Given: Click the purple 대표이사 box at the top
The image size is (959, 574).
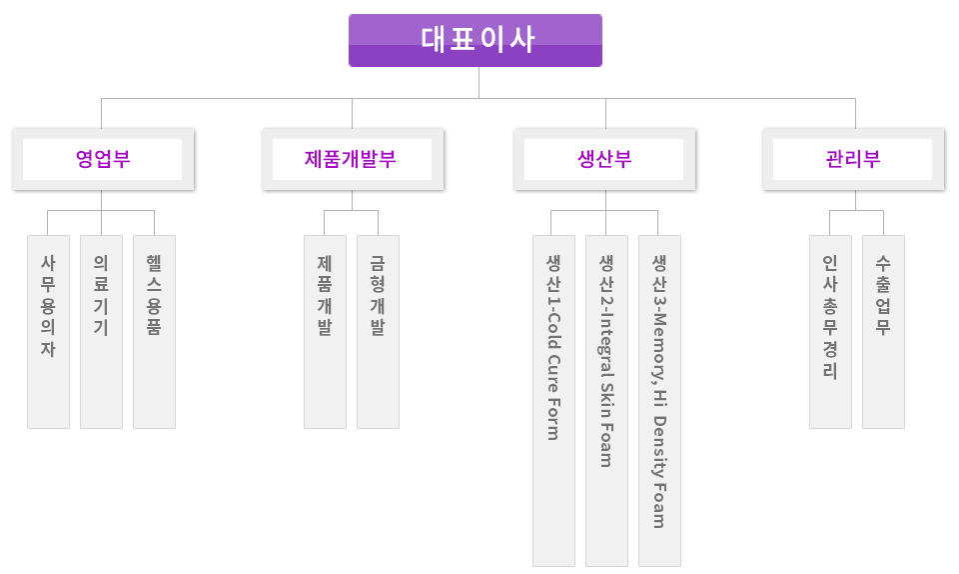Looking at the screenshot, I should click(475, 40).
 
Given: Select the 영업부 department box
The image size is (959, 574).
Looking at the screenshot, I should click(104, 160).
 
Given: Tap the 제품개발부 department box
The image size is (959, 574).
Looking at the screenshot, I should click(352, 160).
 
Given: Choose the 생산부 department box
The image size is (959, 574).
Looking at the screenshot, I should click(604, 160).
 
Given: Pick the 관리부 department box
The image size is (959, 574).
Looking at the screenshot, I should click(853, 160).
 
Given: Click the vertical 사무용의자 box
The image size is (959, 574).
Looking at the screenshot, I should click(48, 331).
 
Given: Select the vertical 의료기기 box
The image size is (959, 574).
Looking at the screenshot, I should click(101, 331).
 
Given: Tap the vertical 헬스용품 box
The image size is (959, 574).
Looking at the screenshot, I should click(154, 331).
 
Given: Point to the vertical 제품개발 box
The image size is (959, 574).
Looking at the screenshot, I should click(325, 331).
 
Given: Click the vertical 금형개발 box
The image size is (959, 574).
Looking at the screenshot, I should click(378, 331).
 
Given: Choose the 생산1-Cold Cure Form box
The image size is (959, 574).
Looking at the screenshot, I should click(553, 400).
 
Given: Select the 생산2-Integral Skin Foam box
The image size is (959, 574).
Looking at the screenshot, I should click(606, 400).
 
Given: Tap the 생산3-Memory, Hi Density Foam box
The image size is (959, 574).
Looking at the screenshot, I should click(659, 400).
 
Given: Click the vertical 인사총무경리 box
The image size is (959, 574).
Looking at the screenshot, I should click(830, 331).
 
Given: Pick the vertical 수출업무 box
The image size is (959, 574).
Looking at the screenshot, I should click(883, 331).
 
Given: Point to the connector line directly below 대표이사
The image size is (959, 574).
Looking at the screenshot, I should click(478, 82).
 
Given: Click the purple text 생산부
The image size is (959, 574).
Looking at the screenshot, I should click(604, 160).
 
